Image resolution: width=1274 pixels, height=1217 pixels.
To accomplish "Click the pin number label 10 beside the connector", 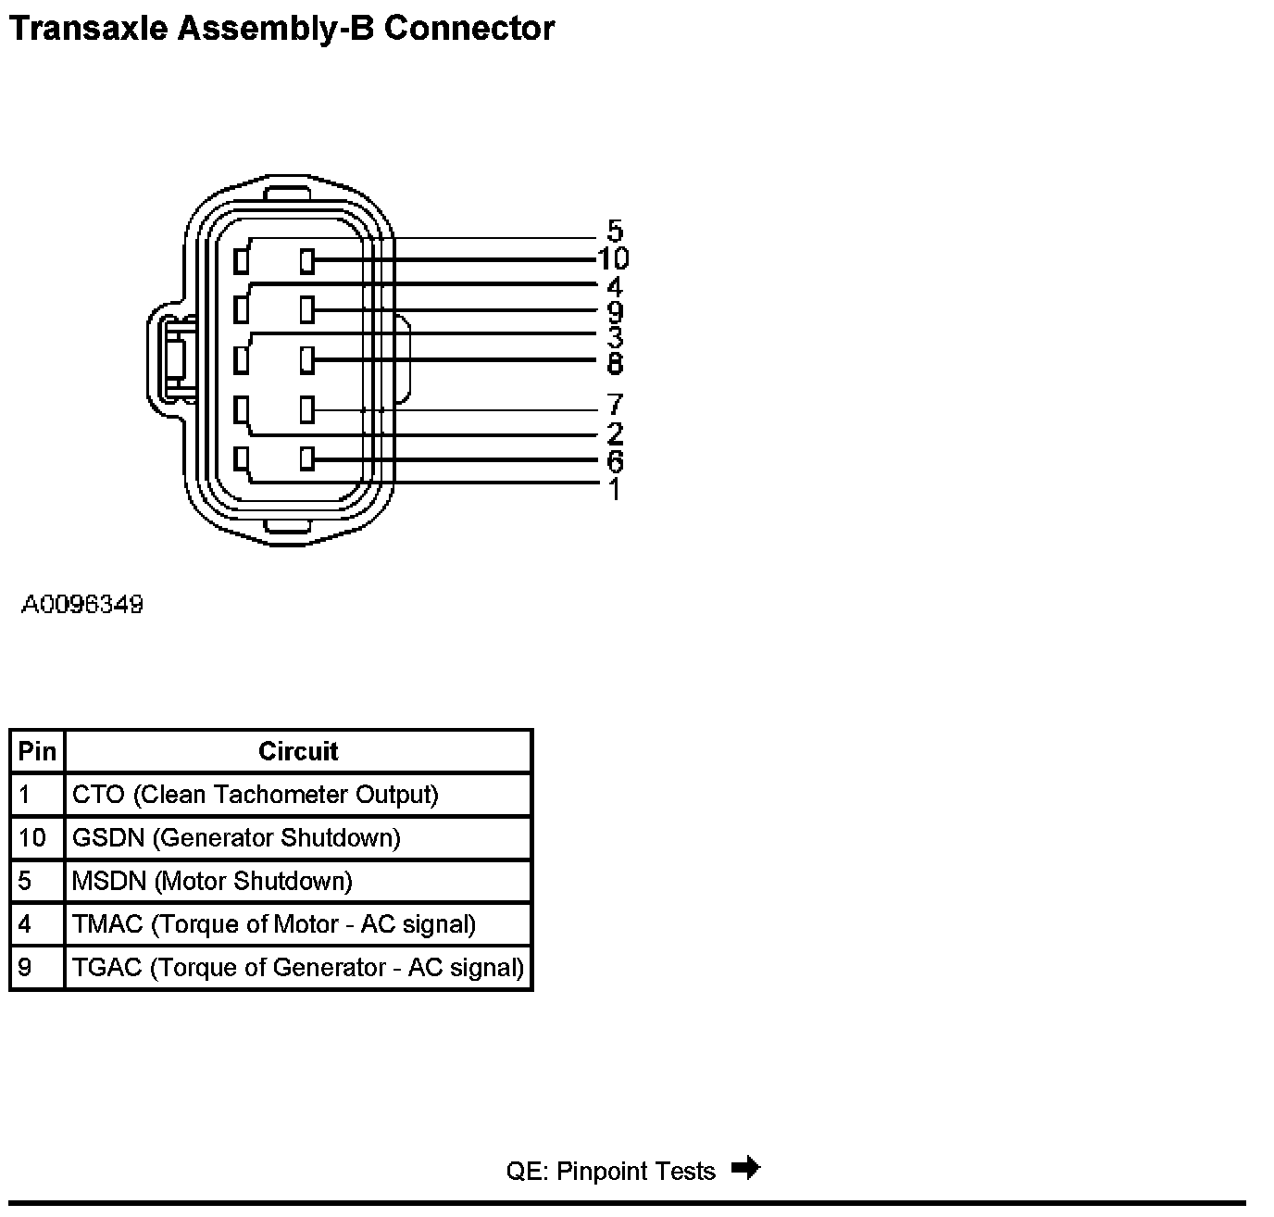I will click(613, 258).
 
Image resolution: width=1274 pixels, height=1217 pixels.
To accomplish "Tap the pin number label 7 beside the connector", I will click(616, 405).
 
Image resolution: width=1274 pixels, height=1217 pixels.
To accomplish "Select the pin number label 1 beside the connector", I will click(615, 488).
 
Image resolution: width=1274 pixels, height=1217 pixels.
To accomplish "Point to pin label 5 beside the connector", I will click(616, 231).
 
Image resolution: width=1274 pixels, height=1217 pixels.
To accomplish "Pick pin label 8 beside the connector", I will click(616, 363).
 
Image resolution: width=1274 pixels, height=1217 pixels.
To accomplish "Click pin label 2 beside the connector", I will click(616, 433).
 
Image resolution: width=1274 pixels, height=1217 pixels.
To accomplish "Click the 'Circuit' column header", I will click(298, 751).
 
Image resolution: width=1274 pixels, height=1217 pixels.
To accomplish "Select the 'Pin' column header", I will click(37, 751).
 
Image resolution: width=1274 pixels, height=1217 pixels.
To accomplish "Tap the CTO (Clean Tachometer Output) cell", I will click(256, 795).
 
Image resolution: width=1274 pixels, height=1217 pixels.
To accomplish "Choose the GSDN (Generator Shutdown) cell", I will click(236, 838).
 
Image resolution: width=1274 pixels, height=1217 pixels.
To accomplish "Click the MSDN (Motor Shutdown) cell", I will click(212, 881).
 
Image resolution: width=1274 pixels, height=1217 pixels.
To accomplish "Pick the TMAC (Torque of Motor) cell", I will click(274, 924).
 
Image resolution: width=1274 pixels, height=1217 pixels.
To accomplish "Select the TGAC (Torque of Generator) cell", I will click(298, 968).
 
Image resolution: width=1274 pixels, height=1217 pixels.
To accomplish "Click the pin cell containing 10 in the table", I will click(32, 838).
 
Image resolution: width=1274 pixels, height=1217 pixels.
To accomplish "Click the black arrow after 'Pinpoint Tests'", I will click(745, 1169).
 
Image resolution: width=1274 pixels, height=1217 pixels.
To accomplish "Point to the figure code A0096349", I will click(82, 606).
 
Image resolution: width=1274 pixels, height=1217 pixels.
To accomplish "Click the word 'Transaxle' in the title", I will click(88, 28).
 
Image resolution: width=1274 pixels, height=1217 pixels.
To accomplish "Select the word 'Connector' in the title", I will click(469, 28).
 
